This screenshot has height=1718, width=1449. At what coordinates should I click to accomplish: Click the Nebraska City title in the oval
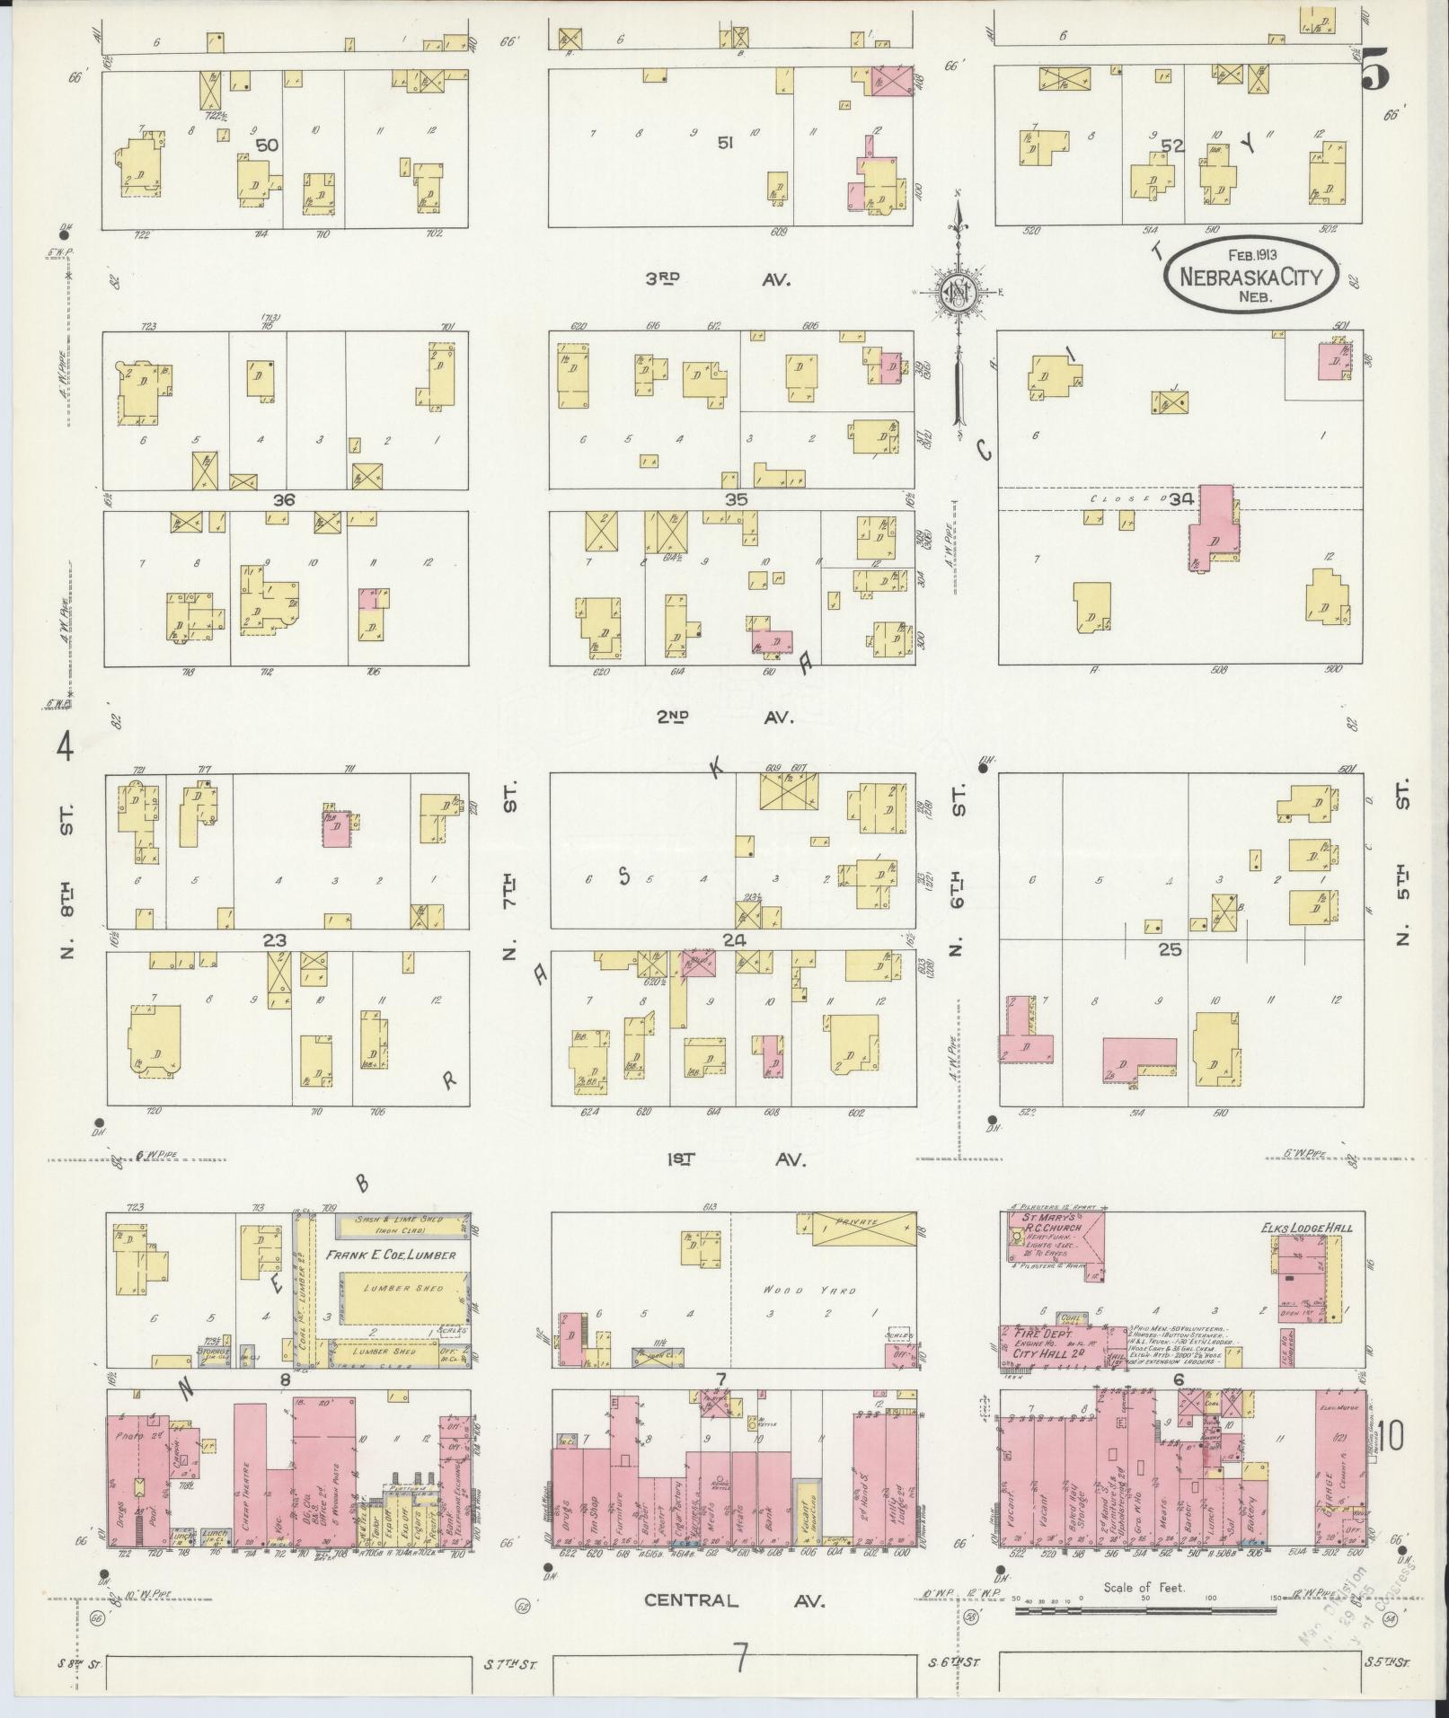1250,276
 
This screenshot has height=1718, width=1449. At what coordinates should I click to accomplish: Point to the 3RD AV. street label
718,279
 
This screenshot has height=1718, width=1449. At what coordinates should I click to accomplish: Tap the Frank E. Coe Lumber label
391,1255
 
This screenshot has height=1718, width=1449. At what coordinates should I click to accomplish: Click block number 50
266,145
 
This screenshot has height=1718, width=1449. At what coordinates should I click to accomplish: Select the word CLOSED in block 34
1114,498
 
